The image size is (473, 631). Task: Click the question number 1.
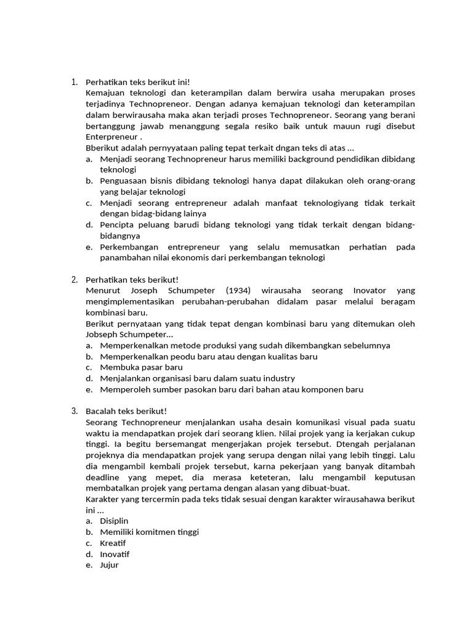click(74, 81)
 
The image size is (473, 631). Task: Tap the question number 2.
click(74, 279)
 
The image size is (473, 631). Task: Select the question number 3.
click(74, 411)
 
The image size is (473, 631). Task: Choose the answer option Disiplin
click(114, 521)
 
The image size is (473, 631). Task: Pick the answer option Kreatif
click(113, 543)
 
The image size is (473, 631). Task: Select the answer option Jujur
click(109, 564)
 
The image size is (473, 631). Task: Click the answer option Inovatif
click(115, 554)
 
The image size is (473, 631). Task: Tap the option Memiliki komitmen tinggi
click(149, 532)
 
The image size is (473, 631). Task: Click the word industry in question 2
click(277, 378)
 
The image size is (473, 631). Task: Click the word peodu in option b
click(180, 356)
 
